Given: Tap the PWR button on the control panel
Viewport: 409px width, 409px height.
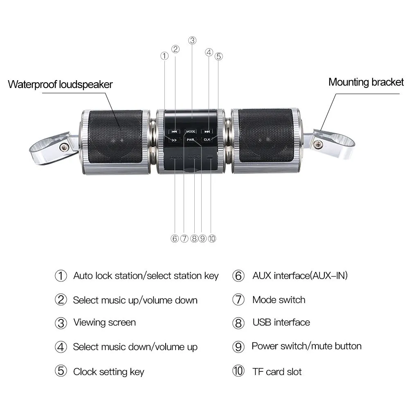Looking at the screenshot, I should (x=191, y=140).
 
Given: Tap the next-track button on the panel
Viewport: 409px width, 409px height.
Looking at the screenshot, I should (x=207, y=132).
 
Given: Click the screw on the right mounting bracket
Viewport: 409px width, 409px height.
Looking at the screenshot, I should (x=318, y=142).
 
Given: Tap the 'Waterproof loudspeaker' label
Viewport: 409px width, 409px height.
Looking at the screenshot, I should (x=60, y=85).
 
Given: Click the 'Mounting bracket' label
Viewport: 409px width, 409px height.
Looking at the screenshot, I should (x=366, y=82).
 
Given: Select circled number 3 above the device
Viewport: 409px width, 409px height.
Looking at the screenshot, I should (x=193, y=40).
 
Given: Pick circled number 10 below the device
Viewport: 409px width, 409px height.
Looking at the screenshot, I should (x=211, y=238).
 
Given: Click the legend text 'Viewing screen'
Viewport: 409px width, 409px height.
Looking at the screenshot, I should (x=104, y=322).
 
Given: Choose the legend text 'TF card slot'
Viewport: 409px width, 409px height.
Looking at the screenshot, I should (x=277, y=372).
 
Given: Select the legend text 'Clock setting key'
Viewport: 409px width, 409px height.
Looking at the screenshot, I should (x=108, y=372).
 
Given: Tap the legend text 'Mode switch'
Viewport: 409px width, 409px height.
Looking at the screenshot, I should (x=279, y=300).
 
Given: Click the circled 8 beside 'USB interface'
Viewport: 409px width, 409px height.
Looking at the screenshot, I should (x=238, y=323).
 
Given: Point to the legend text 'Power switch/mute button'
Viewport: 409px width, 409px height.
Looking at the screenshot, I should (x=306, y=346).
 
